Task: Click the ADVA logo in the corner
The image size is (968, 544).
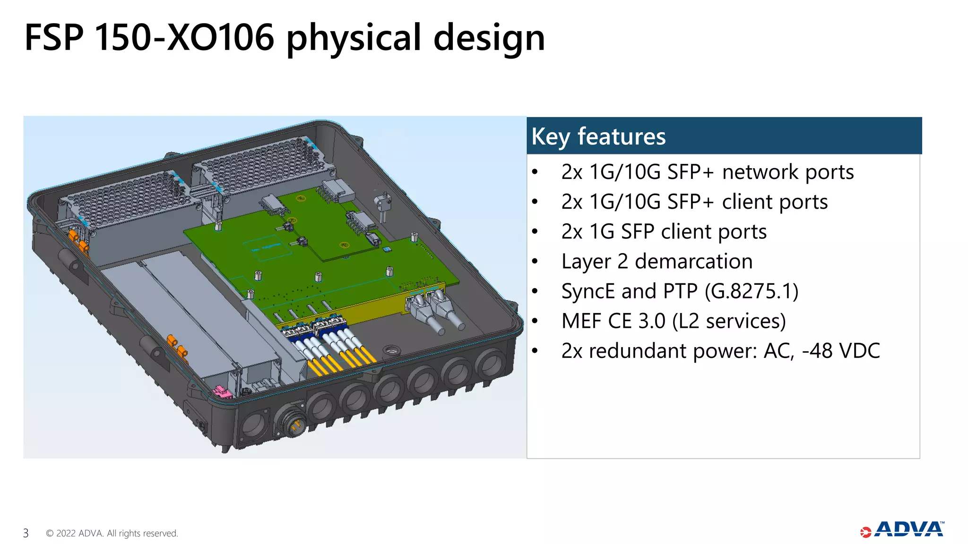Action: click(x=903, y=529)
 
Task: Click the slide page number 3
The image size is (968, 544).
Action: click(x=26, y=533)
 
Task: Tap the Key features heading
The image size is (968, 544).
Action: click(x=598, y=136)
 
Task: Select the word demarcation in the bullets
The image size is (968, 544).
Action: click(x=693, y=261)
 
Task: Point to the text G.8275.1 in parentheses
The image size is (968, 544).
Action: click(x=751, y=291)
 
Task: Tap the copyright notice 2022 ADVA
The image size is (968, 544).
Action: click(x=112, y=533)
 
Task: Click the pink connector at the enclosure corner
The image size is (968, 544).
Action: click(x=223, y=392)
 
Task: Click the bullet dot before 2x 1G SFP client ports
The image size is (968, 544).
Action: click(x=535, y=231)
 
